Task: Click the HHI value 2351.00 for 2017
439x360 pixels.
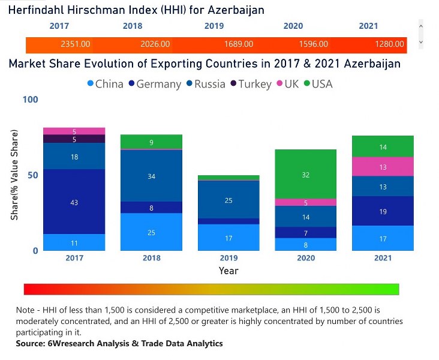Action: pyautogui.click(x=76, y=44)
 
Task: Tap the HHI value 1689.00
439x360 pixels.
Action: pyautogui.click(x=238, y=44)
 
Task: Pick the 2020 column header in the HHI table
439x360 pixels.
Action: pyautogui.click(x=293, y=26)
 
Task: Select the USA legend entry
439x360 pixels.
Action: pyautogui.click(x=318, y=84)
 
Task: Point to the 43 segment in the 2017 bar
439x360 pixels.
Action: pyautogui.click(x=74, y=202)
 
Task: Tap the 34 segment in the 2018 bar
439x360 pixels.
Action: pyautogui.click(x=151, y=176)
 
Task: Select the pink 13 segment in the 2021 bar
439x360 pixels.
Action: pyautogui.click(x=383, y=167)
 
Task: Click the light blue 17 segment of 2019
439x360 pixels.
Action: pyautogui.click(x=228, y=238)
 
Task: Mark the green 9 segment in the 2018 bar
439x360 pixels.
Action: pyautogui.click(x=151, y=142)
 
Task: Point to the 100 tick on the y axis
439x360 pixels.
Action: pyautogui.click(x=30, y=99)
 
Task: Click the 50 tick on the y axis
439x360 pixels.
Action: pyautogui.click(x=32, y=175)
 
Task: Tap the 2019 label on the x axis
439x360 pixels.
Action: pyautogui.click(x=228, y=258)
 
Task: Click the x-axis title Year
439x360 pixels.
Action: pyautogui.click(x=228, y=271)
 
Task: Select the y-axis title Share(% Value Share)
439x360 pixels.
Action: pyautogui.click(x=14, y=175)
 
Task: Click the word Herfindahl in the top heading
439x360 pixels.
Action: pyautogui.click(x=37, y=10)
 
